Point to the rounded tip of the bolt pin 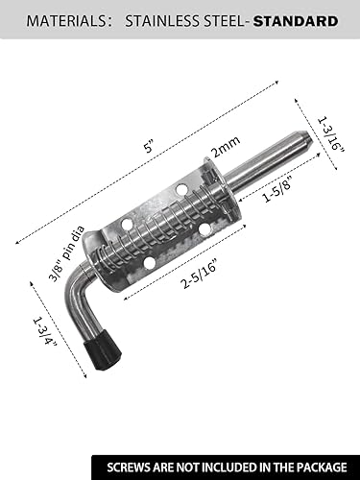pyautogui.click(x=301, y=143)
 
